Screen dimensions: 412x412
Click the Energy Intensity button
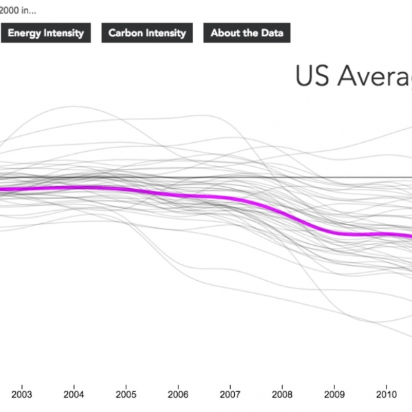pos(45,33)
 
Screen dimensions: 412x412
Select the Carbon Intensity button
pos(147,33)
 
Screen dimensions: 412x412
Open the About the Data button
pos(247,33)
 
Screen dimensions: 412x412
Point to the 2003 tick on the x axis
pos(21,395)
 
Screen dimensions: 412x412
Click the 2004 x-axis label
pos(73,395)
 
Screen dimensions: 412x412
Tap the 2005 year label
pos(126,395)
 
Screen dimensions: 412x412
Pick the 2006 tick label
pos(177,395)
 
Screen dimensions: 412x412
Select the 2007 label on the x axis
pos(229,395)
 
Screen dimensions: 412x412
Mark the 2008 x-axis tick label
pos(282,395)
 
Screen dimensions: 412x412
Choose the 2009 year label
pos(334,395)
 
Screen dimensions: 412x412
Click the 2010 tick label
pos(385,395)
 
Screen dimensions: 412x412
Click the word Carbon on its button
pos(126,33)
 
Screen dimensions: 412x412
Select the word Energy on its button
pos(24,33)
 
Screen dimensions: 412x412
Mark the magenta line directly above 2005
pos(126,190)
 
